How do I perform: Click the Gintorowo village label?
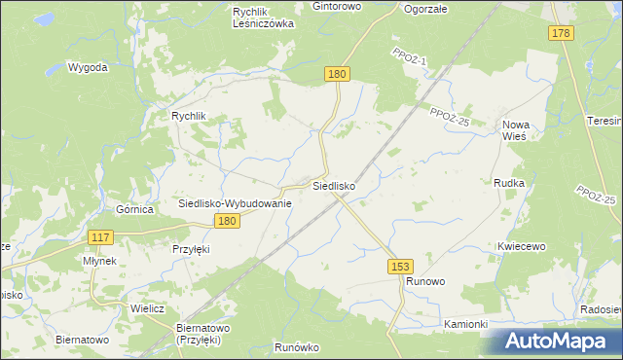337,6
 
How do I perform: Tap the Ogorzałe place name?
424,8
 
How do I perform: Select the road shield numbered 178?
561,34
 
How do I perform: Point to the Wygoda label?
87,68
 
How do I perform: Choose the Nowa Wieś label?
514,130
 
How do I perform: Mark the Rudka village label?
509,183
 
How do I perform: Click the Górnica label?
135,209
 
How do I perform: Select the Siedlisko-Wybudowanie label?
235,203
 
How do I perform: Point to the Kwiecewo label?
520,247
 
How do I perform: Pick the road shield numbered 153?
399,266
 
